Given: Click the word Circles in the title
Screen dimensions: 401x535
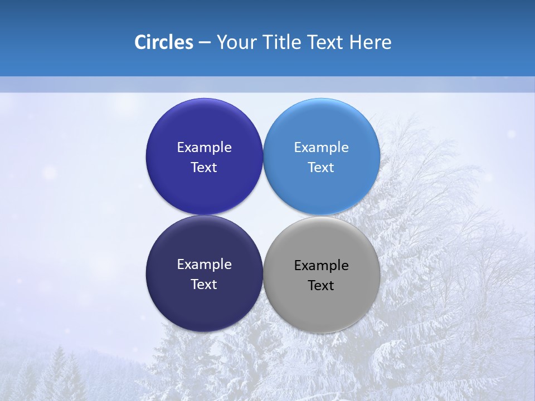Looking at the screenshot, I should (163, 42).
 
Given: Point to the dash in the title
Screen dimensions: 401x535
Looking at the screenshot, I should (204, 43).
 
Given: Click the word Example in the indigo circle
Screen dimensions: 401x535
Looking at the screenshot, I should (204, 148).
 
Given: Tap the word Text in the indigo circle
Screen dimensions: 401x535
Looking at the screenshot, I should (204, 168).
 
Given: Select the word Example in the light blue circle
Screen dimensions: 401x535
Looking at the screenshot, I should (321, 148).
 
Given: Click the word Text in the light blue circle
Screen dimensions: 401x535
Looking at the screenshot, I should (321, 168).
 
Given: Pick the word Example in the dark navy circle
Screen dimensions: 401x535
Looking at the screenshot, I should (204, 265).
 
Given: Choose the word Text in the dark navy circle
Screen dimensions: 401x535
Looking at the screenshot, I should (204, 285).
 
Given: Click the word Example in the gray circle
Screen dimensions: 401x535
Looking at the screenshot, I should (321, 266).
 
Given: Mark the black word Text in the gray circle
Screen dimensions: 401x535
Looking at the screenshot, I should (321, 286).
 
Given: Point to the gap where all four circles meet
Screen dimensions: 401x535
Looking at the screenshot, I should (263, 215).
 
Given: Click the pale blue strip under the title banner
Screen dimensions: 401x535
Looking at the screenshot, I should (267, 84).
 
